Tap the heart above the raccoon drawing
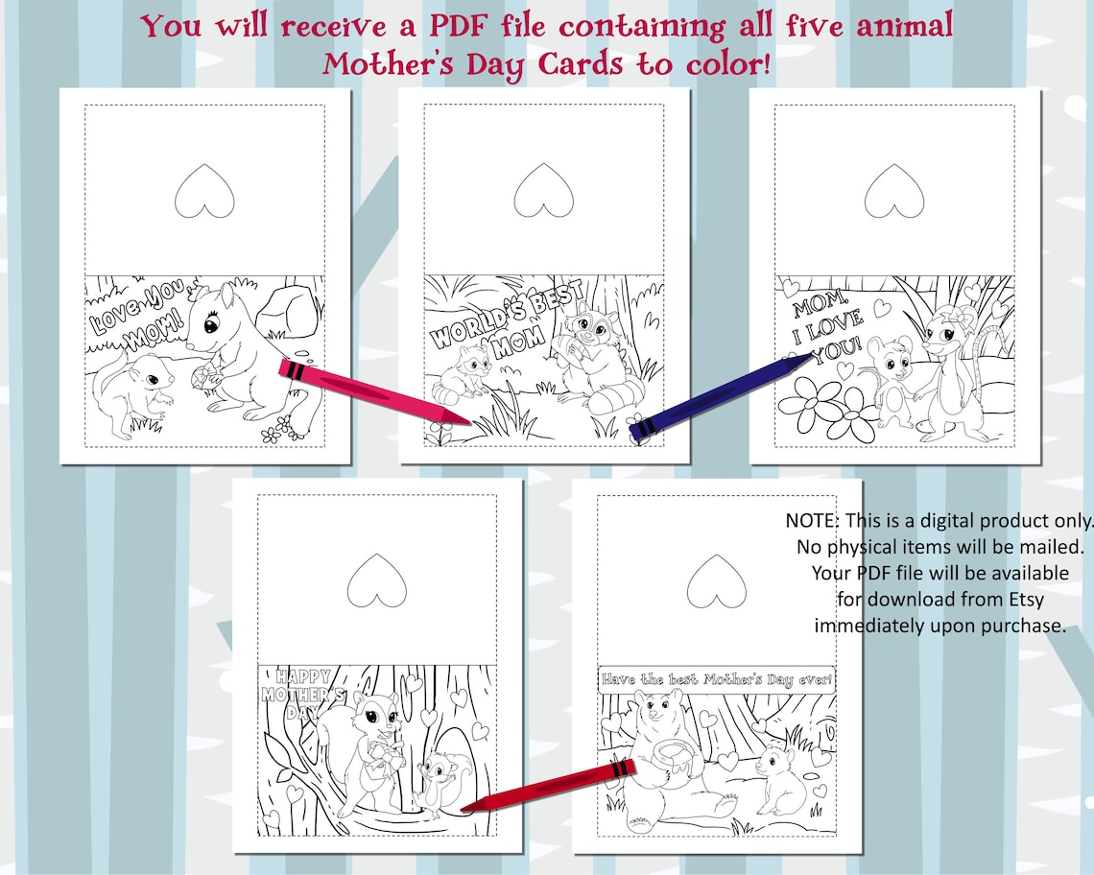543,189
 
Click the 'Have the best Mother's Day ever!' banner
716,679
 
